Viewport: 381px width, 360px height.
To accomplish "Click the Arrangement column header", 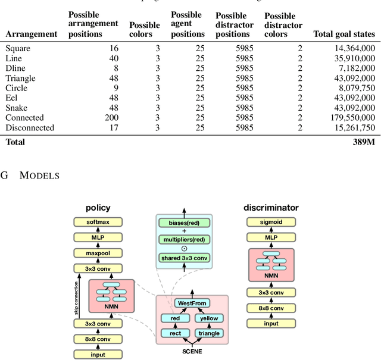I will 32,34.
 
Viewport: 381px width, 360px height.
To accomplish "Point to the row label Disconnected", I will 30,127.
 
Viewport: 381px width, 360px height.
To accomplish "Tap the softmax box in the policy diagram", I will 98,222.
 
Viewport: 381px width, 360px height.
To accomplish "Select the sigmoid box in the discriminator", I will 271,222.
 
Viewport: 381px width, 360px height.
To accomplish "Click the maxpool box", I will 98,253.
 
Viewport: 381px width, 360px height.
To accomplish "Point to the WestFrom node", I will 192,303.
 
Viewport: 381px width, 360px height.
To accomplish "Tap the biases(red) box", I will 183,223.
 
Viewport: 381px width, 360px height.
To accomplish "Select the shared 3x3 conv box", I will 183,258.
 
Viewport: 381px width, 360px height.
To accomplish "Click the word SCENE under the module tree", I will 192,351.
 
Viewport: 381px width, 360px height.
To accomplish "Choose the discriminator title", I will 271,208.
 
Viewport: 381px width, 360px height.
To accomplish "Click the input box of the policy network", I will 98,354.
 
